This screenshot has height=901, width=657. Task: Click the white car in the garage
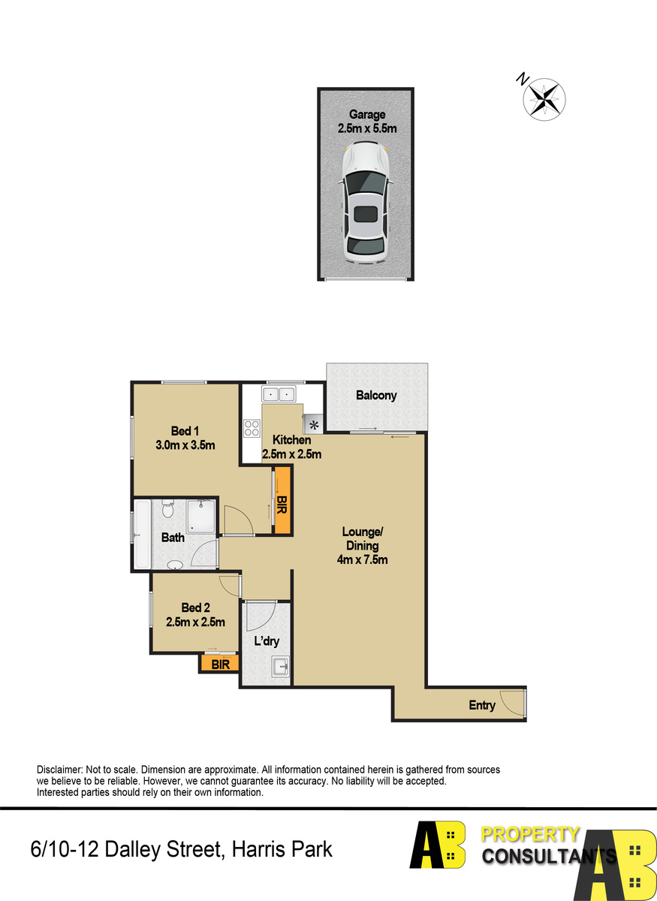366,203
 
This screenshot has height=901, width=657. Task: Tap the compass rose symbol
544,99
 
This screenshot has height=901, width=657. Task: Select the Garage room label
367,115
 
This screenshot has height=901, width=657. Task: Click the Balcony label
376,396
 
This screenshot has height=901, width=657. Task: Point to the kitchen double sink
279,393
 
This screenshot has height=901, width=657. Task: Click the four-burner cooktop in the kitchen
252,428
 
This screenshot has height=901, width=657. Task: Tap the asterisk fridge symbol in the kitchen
313,425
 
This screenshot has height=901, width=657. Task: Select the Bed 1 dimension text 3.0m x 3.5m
185,445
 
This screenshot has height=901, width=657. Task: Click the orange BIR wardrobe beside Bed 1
282,500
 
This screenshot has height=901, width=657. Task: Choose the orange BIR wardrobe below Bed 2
220,664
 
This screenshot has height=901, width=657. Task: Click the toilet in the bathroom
167,509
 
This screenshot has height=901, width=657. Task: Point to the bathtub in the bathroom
142,534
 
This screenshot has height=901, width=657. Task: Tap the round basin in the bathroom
175,565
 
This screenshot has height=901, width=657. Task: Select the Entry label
482,705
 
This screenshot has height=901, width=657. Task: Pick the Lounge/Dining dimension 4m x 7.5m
362,559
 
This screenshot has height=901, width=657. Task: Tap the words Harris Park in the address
282,849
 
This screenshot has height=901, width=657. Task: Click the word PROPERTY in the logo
530,834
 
